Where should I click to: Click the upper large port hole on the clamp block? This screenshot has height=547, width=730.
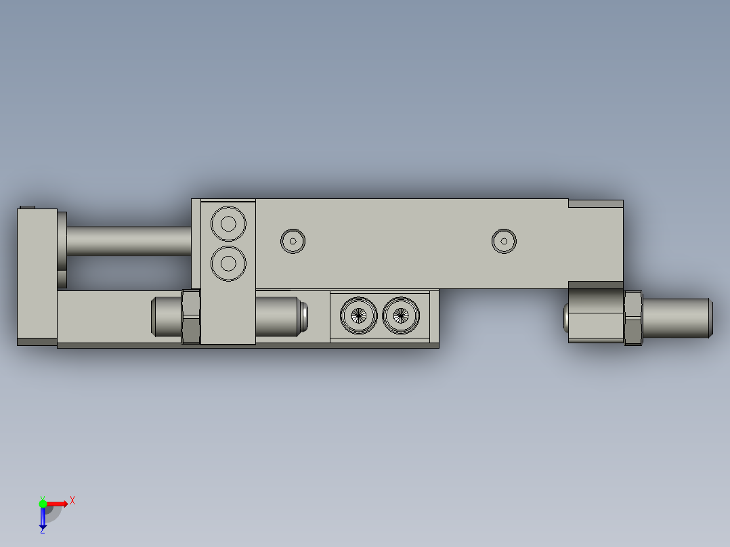pos(228,223)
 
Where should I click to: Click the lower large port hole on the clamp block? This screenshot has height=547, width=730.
pos(228,263)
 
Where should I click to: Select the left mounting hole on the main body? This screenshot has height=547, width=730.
pos(293,240)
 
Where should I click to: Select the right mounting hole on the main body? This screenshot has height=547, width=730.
pos(504,240)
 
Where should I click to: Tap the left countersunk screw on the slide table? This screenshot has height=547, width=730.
pos(359,315)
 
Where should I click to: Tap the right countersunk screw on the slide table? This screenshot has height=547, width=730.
pos(401,315)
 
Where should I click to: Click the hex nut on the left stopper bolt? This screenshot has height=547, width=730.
pos(191,316)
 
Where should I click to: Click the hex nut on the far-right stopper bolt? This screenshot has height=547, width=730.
pos(632,318)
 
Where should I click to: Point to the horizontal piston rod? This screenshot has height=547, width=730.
pos(129,240)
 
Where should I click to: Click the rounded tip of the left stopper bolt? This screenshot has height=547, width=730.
pos(303,316)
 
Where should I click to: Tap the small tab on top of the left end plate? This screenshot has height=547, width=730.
pos(27,207)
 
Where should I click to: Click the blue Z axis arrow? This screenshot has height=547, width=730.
pos(43,518)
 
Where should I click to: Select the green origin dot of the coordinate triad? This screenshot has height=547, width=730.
pos(43,503)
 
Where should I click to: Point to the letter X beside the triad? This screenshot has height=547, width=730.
pos(72,501)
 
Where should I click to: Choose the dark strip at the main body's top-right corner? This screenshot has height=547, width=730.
pos(595,203)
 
